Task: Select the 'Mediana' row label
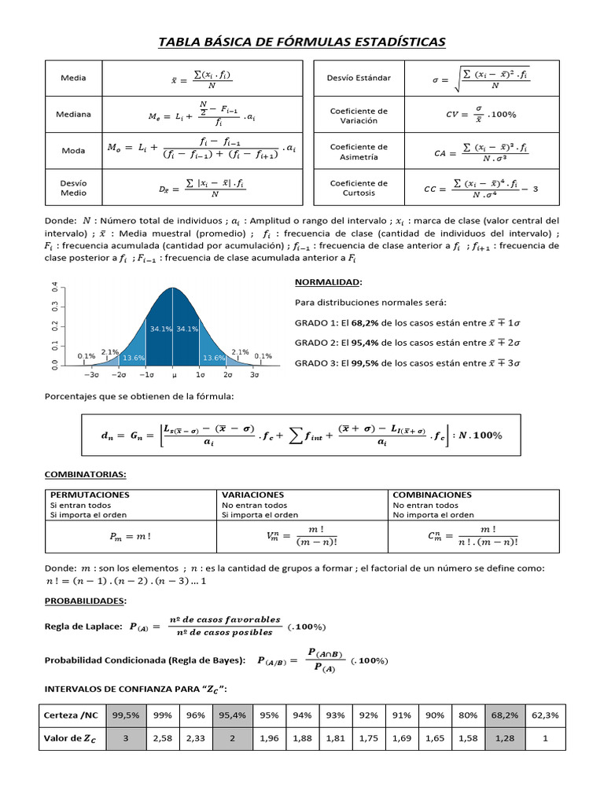pos(73,114)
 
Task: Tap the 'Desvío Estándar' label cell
pos(358,78)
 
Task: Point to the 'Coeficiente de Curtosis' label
pos(358,187)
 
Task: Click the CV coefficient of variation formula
pos(481,115)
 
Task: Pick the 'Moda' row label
pos(73,150)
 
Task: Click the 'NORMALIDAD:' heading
pos(328,281)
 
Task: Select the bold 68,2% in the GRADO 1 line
pos(365,322)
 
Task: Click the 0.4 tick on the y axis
pos(55,288)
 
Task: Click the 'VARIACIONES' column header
pos(252,494)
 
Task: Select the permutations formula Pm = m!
pos(130,537)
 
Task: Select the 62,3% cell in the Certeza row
pos(545,715)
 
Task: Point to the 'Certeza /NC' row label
pos(72,715)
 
